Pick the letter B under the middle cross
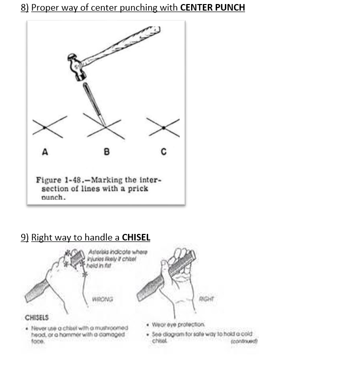pyautogui.click(x=106, y=151)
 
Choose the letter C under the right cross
pyautogui.click(x=163, y=151)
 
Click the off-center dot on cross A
pyautogui.click(x=45, y=128)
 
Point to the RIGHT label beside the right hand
pyautogui.click(x=206, y=298)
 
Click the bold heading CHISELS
pyautogui.click(x=37, y=318)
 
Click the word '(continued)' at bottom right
pyautogui.click(x=244, y=341)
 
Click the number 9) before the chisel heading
pyautogui.click(x=25, y=237)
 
